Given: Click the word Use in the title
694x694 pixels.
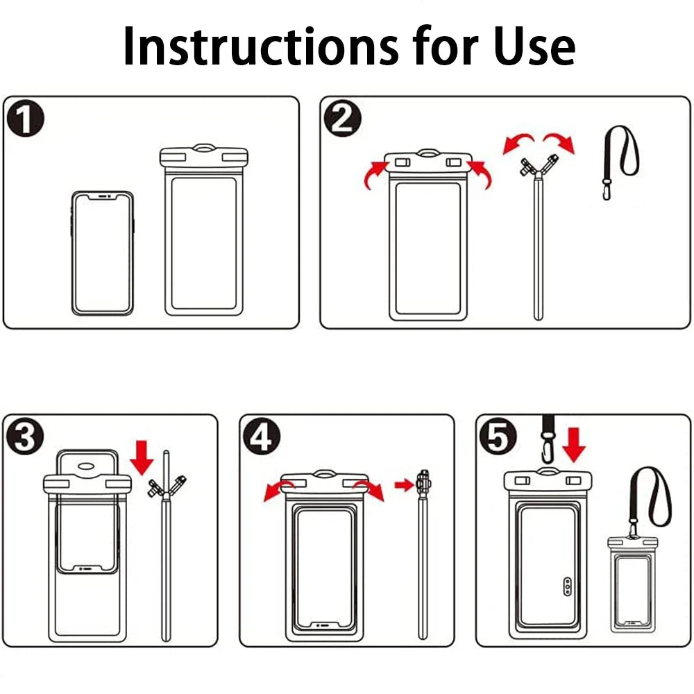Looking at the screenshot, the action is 534,46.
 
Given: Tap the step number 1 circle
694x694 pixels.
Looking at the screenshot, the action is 26,119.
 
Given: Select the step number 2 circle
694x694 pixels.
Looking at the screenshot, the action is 343,119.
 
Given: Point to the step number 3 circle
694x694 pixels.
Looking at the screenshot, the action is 24,437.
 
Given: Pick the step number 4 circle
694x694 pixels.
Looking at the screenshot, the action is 262,437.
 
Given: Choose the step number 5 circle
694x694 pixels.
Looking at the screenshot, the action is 498,437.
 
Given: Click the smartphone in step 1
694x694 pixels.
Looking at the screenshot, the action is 102,253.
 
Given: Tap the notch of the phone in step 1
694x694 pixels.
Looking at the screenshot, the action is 103,196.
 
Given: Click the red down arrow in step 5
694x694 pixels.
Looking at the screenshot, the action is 574,444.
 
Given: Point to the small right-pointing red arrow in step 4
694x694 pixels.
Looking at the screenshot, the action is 404,485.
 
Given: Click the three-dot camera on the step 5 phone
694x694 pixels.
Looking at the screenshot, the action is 568,586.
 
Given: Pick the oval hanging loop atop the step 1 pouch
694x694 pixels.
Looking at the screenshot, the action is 204,147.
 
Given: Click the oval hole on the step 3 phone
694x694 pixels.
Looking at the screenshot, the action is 86,466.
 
